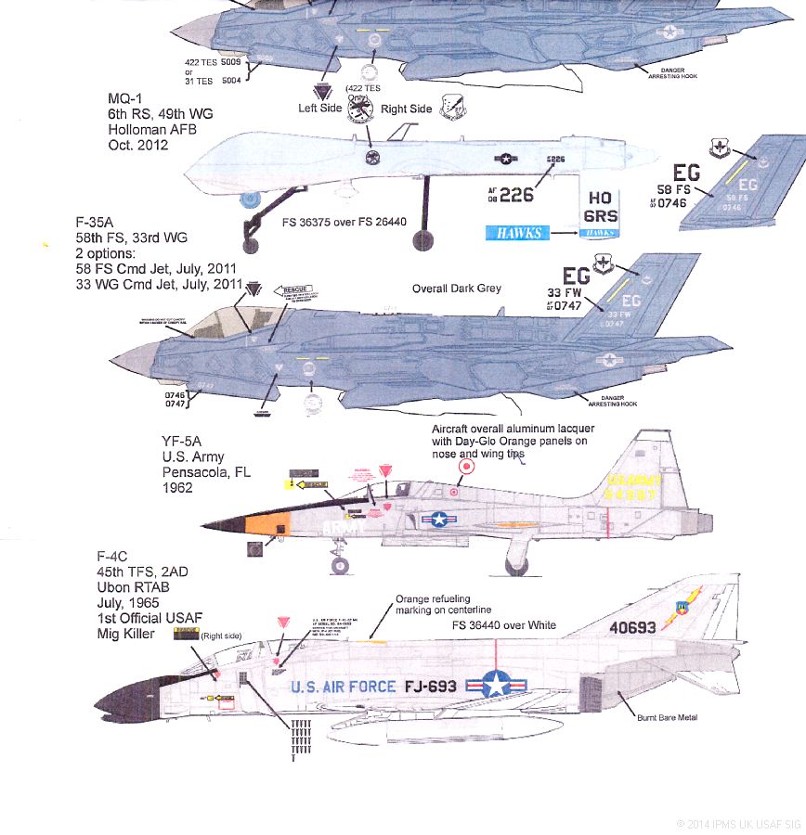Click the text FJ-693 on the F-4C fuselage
coord(432,687)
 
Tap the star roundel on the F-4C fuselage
coord(495,687)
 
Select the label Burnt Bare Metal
coord(666,717)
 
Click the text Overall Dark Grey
coord(456,289)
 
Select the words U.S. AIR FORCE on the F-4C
coord(343,687)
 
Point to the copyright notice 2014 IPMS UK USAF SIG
coord(737,823)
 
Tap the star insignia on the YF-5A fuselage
coord(439,521)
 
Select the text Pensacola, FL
coord(206,471)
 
